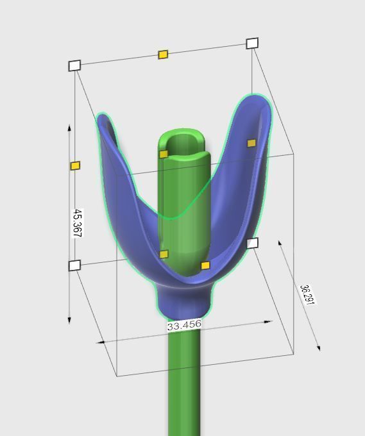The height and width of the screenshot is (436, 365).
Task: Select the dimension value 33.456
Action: point(184,326)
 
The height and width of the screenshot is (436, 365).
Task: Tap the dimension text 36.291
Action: point(307,294)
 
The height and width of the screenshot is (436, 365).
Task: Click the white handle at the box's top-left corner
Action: point(74,65)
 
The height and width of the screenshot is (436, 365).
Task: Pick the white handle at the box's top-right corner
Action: point(252,44)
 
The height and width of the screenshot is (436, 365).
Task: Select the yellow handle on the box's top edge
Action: point(163,55)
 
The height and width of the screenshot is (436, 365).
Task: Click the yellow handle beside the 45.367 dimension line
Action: point(75,166)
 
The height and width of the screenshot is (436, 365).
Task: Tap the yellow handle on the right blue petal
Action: point(251,143)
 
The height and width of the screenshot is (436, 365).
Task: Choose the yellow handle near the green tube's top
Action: point(164,154)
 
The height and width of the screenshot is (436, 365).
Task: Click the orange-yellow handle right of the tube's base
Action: point(205,265)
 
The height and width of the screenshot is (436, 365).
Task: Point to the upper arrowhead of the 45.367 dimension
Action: point(70,127)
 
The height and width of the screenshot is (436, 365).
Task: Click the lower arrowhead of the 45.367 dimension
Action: point(70,320)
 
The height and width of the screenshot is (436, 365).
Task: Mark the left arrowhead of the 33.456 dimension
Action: point(101,342)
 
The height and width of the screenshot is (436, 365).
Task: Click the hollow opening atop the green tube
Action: point(183,142)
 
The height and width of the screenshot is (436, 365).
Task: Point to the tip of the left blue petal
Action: point(101,117)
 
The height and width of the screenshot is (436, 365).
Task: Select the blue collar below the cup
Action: point(183,301)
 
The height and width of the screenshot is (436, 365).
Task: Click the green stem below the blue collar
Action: point(184,385)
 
